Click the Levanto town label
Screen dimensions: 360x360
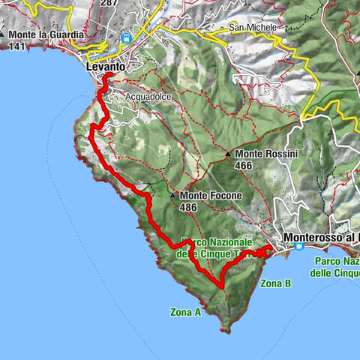pyautogui.click(x=105, y=67)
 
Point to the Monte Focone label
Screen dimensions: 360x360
pyautogui.click(x=199, y=196)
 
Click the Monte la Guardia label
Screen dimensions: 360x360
pyautogui.click(x=46, y=34)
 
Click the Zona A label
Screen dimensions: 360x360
pyautogui.click(x=185, y=313)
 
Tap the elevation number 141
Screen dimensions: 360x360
pyautogui.click(x=16, y=45)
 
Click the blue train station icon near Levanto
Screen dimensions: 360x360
pyautogui.click(x=127, y=36)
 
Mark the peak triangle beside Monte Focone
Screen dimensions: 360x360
pyautogui.click(x=172, y=196)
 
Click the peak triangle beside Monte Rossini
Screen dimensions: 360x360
pyautogui.click(x=228, y=154)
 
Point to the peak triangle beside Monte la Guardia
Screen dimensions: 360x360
pyautogui.click(x=4, y=34)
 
